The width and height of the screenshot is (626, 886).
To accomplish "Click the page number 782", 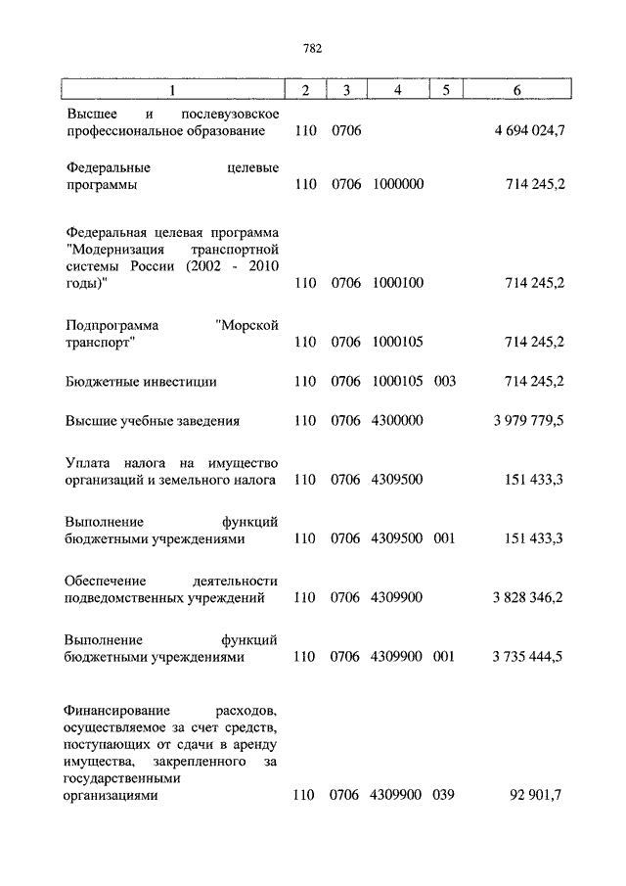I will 313,48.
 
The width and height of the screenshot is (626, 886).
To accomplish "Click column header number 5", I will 445,90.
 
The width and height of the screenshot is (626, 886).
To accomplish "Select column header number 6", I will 516,90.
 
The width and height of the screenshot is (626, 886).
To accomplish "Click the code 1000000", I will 398,184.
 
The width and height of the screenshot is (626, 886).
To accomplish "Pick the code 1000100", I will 398,283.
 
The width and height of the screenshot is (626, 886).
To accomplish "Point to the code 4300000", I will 398,421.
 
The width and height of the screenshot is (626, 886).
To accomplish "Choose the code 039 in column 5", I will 445,796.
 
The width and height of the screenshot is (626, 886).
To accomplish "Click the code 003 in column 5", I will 445,381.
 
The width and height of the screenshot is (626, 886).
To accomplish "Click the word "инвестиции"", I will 183,381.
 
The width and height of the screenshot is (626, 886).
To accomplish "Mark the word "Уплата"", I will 89,462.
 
